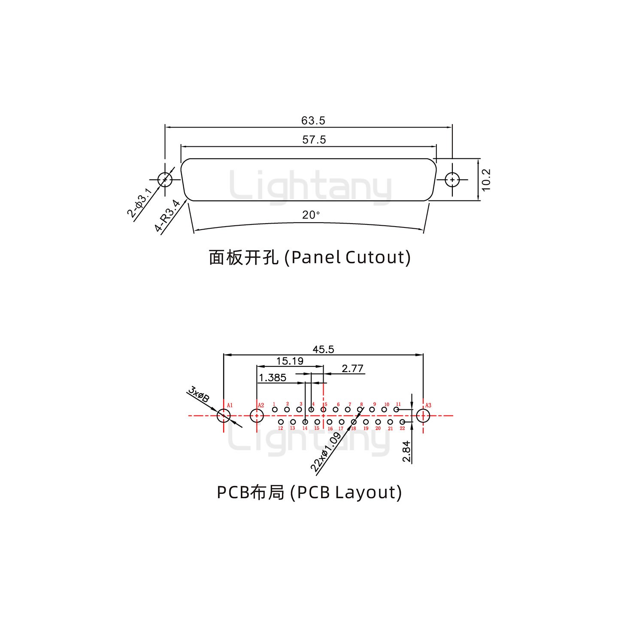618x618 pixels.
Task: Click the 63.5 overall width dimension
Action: click(x=313, y=121)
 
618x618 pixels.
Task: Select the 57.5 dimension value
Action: click(x=314, y=139)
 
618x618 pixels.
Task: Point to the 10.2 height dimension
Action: click(x=486, y=179)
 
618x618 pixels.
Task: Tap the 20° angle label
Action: click(x=311, y=215)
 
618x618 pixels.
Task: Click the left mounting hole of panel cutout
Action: click(x=165, y=180)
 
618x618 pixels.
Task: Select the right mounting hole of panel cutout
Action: click(x=452, y=180)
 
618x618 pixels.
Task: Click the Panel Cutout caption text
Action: click(x=309, y=257)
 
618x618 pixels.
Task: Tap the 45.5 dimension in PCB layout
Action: click(x=323, y=349)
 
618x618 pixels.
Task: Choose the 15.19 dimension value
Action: click(x=290, y=361)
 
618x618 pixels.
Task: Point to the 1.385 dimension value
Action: click(x=273, y=378)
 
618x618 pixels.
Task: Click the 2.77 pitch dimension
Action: click(x=353, y=368)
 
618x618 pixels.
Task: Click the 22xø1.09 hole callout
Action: click(x=326, y=452)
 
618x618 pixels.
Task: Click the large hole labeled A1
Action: click(x=224, y=415)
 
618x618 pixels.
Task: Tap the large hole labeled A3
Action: click(x=423, y=415)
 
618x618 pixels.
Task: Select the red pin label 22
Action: click(x=402, y=428)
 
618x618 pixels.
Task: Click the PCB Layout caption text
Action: click(x=309, y=492)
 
